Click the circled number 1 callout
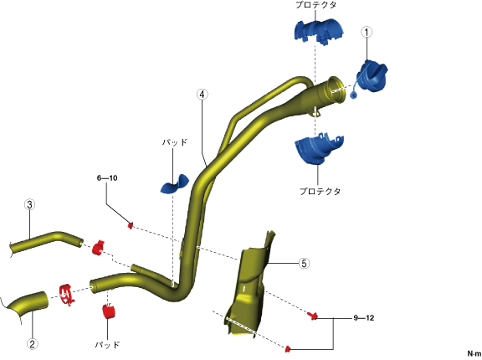pyautogui.click(x=367, y=32)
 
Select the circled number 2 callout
pyautogui.click(x=33, y=344)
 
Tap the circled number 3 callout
pyautogui.click(x=29, y=205)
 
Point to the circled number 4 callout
pyautogui.click(x=202, y=95)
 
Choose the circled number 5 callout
pyautogui.click(x=304, y=264)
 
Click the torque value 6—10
pyautogui.click(x=107, y=178)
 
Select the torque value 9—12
pyautogui.click(x=364, y=318)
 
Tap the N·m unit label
pyautogui.click(x=474, y=354)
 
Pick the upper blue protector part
pyautogui.click(x=319, y=31)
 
